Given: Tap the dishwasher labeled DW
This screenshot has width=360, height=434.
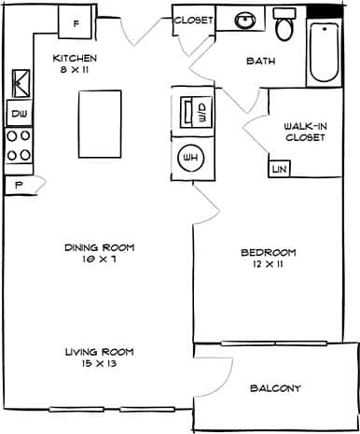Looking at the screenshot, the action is (x=19, y=113).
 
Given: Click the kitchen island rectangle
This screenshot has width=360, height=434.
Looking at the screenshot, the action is (x=101, y=124).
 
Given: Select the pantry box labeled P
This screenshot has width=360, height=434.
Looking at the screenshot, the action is (x=19, y=185).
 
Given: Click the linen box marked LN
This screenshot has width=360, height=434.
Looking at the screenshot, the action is (x=278, y=169).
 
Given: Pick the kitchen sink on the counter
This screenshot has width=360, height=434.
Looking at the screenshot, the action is (x=19, y=84).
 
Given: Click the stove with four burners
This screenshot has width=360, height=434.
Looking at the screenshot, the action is (x=19, y=147).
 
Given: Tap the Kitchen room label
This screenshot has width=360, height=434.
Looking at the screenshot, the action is (x=75, y=63).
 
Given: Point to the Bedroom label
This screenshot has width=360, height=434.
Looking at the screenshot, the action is (x=268, y=258).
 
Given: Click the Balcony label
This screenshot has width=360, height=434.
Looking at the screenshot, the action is (x=275, y=388).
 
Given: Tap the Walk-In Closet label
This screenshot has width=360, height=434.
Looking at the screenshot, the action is (x=305, y=132).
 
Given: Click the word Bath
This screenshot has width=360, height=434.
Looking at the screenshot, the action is (x=260, y=62).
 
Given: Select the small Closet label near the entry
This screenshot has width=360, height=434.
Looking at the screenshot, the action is (x=193, y=20).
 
